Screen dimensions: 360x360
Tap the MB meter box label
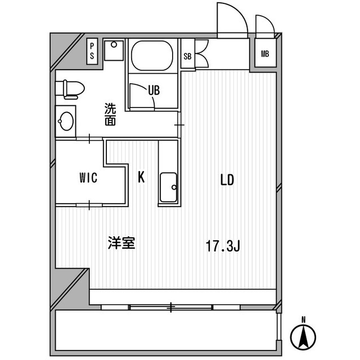(x=264, y=54)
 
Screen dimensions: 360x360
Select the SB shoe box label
(x=187, y=56)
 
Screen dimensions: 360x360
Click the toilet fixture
(x=70, y=88)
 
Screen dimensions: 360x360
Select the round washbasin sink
(x=67, y=120)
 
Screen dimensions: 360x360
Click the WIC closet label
(x=88, y=178)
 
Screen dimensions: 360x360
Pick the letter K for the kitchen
(x=142, y=177)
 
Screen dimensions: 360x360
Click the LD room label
(x=227, y=180)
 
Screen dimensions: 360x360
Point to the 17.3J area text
(x=223, y=246)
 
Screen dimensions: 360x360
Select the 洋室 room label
(x=121, y=243)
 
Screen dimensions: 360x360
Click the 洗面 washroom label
(x=110, y=114)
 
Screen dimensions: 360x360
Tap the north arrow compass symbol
(x=303, y=336)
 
